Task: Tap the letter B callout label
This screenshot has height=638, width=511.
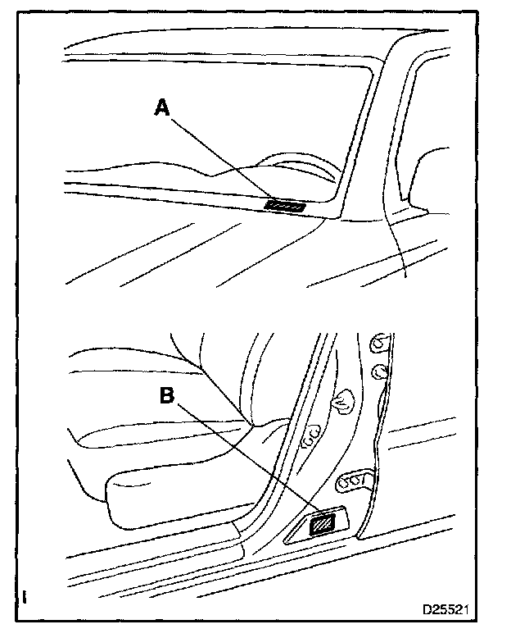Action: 166,394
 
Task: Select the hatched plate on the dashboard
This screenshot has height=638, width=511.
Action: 286,206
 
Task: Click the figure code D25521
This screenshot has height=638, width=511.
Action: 445,611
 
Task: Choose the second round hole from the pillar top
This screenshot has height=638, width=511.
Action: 379,372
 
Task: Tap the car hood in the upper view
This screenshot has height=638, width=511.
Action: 205,246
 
